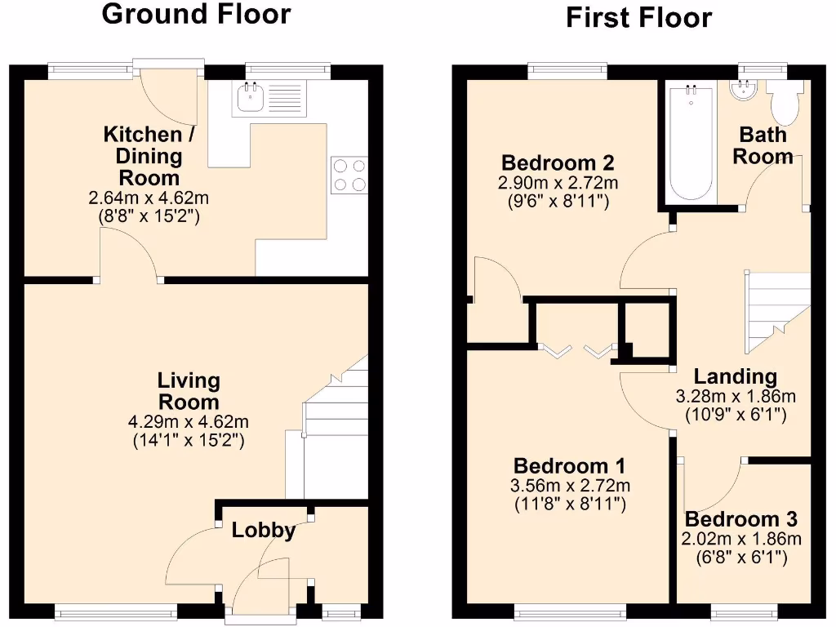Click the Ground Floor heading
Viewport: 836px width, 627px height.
tap(195, 14)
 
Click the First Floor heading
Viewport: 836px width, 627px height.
tap(639, 17)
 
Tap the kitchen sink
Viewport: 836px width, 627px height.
tap(248, 98)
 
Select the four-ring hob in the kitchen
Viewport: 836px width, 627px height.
tap(349, 175)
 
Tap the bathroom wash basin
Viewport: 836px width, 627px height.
tap(744, 90)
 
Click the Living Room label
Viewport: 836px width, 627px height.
tap(189, 391)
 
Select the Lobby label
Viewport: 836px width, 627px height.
tap(263, 530)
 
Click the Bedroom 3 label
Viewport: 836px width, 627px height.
tap(741, 519)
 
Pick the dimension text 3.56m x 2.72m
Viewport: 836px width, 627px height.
tap(570, 486)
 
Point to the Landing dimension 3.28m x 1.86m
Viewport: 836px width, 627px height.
tap(735, 397)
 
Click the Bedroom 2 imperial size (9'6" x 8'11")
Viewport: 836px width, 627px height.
tap(558, 201)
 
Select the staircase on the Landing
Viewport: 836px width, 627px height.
tap(776, 310)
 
